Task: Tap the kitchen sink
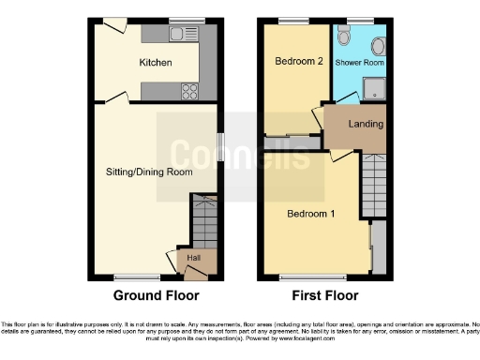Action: (x=177, y=35)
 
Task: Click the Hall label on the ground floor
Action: (x=193, y=257)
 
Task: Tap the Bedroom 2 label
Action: (x=293, y=62)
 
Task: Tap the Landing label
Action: (x=365, y=124)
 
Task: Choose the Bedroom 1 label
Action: (x=310, y=213)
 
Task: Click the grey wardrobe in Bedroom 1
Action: (x=378, y=248)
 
